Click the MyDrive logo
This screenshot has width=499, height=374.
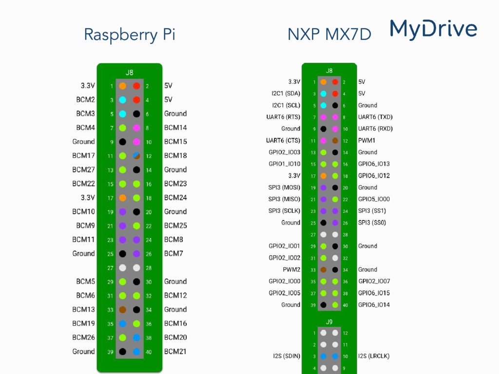pyautogui.click(x=433, y=29)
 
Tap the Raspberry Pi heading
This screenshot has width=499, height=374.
pyautogui.click(x=130, y=35)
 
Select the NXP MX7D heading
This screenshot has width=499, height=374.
pyautogui.click(x=329, y=35)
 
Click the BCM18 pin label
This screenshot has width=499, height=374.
pyautogui.click(x=175, y=155)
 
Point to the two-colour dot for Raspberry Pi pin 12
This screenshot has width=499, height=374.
pyautogui.click(x=136, y=156)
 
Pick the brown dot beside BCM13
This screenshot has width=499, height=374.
pyautogui.click(x=122, y=310)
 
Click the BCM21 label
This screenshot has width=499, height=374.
pyautogui.click(x=175, y=352)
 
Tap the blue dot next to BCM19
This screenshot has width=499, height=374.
pyautogui.click(x=122, y=324)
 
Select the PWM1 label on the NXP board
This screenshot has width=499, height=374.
pyautogui.click(x=366, y=140)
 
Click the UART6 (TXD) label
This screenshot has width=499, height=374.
pyautogui.click(x=375, y=117)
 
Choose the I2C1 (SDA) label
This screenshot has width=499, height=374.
pyautogui.click(x=286, y=93)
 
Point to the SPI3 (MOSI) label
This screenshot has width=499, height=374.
pyautogui.click(x=284, y=187)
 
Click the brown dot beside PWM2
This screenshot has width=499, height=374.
pyautogui.click(x=324, y=270)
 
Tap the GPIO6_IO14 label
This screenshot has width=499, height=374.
pyautogui.click(x=374, y=305)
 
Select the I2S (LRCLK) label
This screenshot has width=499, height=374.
pyautogui.click(x=374, y=356)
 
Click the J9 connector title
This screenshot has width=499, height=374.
pyautogui.click(x=329, y=322)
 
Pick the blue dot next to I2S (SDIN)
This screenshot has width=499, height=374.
pyautogui.click(x=324, y=356)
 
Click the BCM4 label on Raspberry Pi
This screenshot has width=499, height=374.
pyautogui.click(x=85, y=128)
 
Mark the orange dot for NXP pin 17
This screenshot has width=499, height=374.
pyautogui.click(x=324, y=176)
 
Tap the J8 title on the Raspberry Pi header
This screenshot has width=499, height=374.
pyautogui.click(x=129, y=73)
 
